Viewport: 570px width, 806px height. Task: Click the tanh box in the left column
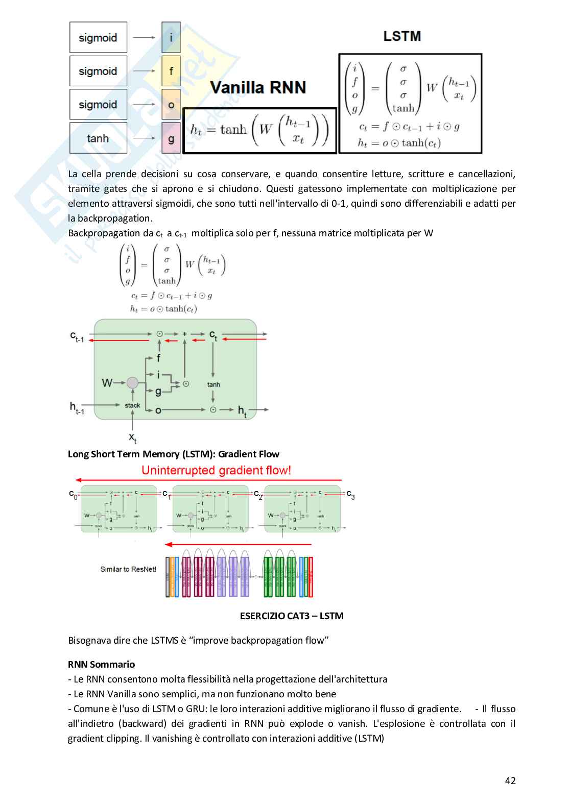click(98, 138)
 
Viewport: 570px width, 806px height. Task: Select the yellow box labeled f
click(171, 71)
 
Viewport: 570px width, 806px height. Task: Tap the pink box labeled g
click(171, 138)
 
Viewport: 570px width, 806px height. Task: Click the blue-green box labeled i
click(171, 37)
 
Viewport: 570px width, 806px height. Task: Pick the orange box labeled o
click(171, 105)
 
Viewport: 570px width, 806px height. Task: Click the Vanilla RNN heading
click(258, 88)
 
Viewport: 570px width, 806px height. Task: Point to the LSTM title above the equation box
click(402, 36)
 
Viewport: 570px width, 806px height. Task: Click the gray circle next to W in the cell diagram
click(133, 382)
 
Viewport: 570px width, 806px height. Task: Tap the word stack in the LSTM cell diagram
click(132, 405)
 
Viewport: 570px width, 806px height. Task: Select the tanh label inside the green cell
click(213, 384)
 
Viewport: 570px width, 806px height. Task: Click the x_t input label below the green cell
click(133, 437)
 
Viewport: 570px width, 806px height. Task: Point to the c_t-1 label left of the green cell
click(77, 336)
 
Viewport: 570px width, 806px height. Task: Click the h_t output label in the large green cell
click(242, 411)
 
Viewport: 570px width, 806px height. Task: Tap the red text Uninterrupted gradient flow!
click(216, 470)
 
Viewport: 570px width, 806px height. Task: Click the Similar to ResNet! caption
click(128, 569)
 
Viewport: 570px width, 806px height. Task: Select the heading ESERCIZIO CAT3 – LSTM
click(292, 616)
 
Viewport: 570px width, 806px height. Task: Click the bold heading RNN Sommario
click(101, 664)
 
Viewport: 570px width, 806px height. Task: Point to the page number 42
click(510, 780)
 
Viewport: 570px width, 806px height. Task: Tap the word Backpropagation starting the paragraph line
click(97, 233)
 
